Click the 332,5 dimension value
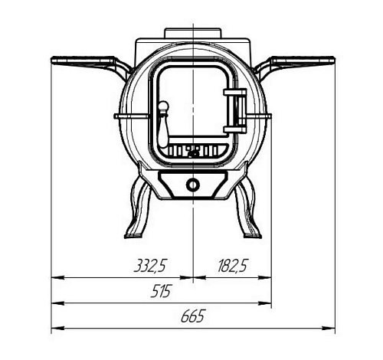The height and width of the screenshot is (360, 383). click(150, 266)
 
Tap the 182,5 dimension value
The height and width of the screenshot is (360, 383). click(232, 266)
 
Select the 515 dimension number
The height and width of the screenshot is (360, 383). click(160, 291)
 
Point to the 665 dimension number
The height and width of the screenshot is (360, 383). click(193, 316)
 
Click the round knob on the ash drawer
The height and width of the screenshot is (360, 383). click(193, 185)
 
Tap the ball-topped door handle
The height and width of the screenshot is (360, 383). click(163, 124)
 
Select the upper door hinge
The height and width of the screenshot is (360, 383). click(235, 92)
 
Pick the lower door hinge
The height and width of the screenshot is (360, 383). click(235, 129)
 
